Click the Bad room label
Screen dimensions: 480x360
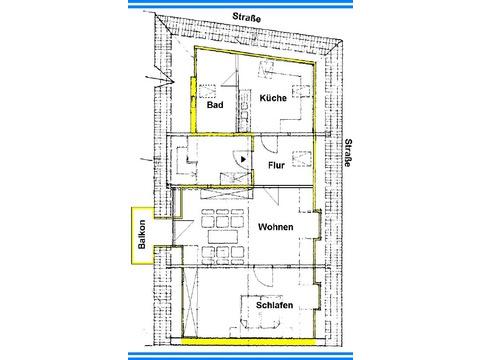215,105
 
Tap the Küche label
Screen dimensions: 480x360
273,98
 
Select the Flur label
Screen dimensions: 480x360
276,165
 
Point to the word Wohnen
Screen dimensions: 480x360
276,227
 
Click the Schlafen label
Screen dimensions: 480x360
274,305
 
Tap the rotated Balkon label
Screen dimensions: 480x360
142,234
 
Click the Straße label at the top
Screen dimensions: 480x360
247,17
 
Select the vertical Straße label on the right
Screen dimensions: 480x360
348,153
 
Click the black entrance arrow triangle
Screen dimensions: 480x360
243,159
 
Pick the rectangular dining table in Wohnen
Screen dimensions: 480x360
223,237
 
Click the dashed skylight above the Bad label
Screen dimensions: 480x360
207,91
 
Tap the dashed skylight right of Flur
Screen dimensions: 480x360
302,159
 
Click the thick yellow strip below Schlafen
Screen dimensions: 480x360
248,341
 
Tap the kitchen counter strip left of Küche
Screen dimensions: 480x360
244,110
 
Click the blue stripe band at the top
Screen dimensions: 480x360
240,4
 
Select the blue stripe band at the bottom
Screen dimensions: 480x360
240,356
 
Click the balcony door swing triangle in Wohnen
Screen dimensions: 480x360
183,230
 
